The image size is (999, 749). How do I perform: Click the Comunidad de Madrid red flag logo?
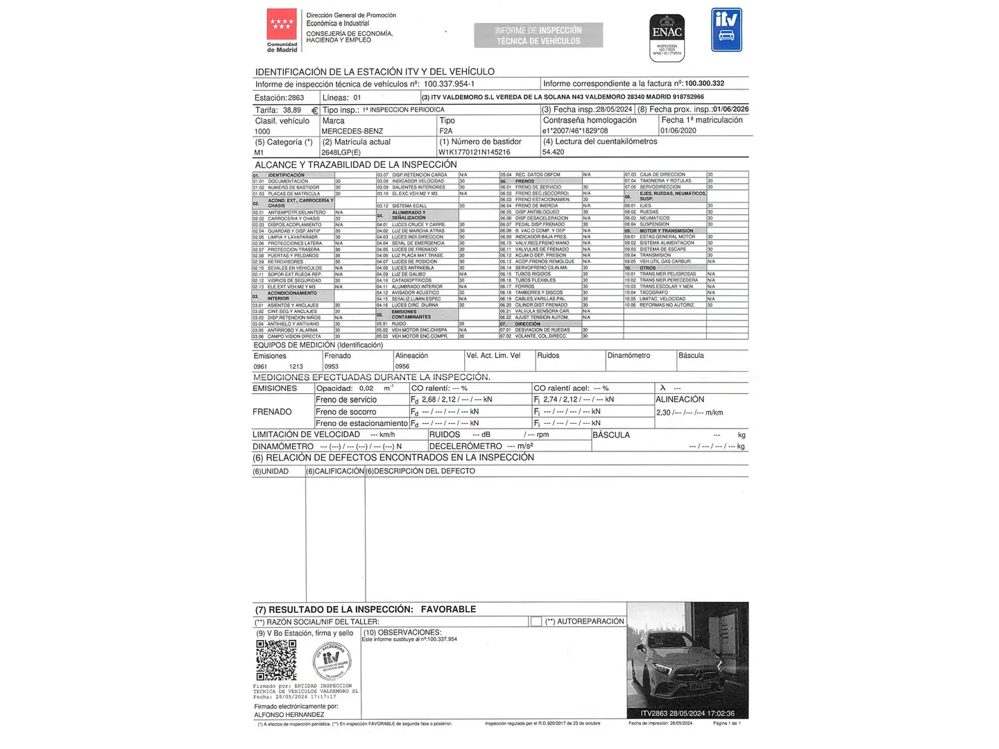point(282,25)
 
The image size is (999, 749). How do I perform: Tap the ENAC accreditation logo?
point(667,36)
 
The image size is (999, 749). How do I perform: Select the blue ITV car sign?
point(726,30)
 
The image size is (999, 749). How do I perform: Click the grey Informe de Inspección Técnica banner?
point(538,35)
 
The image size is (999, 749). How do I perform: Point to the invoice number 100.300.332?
point(704,83)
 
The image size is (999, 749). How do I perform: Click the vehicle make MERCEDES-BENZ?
point(352,131)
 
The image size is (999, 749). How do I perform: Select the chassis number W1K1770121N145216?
point(474,152)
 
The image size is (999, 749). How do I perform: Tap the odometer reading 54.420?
point(553,152)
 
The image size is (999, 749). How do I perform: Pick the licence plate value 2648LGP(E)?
point(341,152)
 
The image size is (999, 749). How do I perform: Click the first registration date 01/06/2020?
point(678,130)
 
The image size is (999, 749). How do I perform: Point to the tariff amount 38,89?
point(291,110)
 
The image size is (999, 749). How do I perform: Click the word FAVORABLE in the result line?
point(448,609)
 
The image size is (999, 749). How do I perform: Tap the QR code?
point(276,660)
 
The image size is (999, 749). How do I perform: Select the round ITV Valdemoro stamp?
point(332,661)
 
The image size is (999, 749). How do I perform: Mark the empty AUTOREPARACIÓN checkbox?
point(536,621)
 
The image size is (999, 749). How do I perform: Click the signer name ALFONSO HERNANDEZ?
point(289,714)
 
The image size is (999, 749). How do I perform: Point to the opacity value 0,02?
point(366,388)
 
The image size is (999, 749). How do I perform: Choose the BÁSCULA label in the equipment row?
point(691,356)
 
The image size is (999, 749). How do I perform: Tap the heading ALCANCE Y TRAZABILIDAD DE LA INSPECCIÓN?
point(356,164)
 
